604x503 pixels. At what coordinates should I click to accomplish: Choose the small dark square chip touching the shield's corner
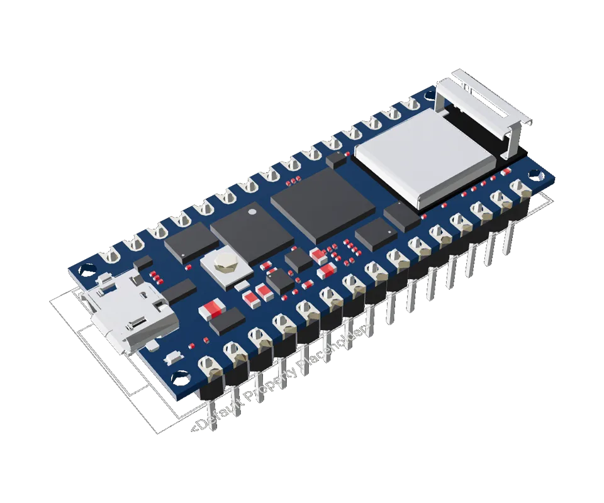click(337, 160)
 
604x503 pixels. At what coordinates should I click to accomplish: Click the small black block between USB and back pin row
click(143, 262)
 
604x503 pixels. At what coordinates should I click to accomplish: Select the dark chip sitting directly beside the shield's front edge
click(401, 215)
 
